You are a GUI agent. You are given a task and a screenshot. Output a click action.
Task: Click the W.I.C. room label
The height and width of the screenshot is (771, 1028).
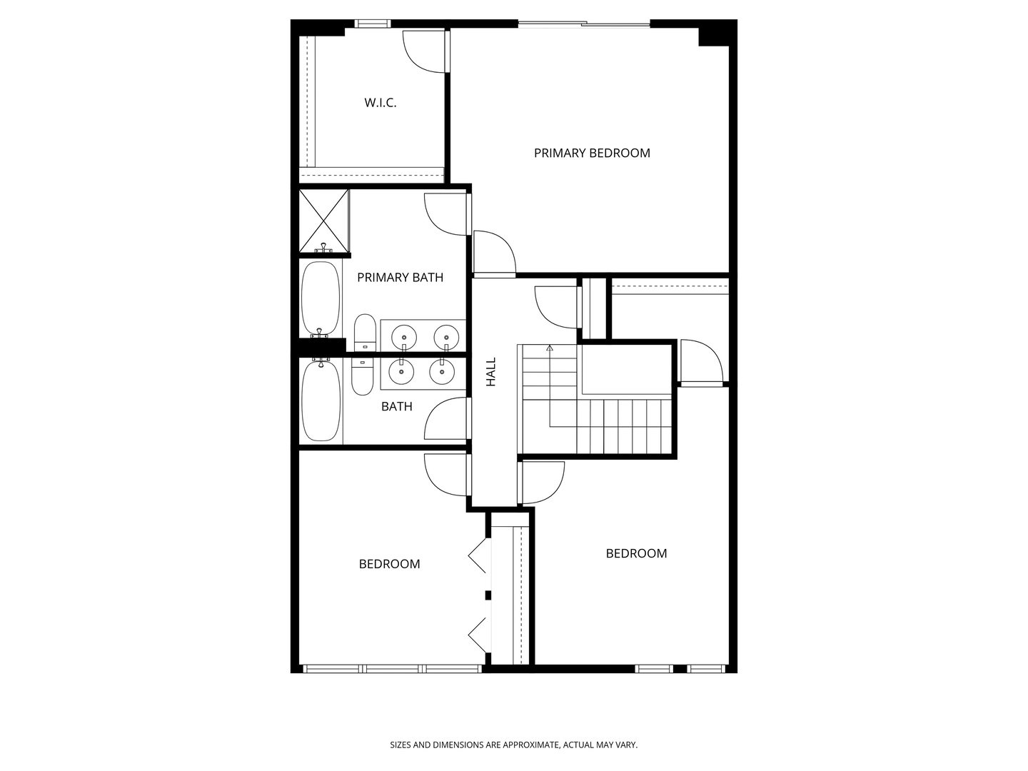381,103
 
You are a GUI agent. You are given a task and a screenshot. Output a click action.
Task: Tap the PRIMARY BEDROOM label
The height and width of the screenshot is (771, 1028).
592,153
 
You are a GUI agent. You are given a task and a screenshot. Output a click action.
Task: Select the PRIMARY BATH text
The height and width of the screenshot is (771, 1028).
400,278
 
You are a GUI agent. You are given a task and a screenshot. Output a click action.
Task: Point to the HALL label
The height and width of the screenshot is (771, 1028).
491,372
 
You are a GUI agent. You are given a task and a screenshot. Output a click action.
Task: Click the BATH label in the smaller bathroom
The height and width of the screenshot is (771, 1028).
396,407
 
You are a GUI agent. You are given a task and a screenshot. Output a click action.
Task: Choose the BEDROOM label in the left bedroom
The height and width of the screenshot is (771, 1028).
389,564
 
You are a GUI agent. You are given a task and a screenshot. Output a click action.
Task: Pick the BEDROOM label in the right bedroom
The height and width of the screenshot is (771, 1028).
636,553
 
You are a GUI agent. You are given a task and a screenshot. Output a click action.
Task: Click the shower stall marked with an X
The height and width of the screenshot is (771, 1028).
324,221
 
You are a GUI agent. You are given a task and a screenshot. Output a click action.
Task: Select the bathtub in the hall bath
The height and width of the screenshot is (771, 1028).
321,402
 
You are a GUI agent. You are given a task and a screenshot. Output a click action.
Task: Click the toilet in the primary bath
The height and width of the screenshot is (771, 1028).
365,333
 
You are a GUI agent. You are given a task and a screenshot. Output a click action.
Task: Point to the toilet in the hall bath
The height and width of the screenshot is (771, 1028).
363,377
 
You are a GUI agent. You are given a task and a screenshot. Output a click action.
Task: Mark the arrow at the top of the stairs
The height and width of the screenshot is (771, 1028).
550,348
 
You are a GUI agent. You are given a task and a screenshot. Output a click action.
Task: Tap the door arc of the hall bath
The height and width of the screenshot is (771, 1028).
446,418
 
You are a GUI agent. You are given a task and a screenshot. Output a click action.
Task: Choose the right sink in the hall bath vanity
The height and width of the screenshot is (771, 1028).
442,371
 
